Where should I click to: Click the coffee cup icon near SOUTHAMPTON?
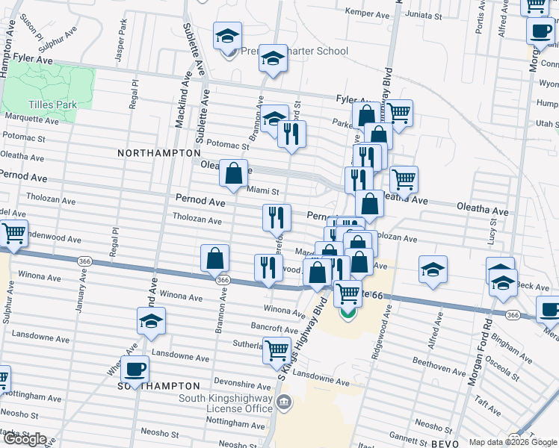[135, 368]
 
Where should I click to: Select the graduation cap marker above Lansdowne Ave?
[152, 321]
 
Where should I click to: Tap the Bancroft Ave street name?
[276, 328]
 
